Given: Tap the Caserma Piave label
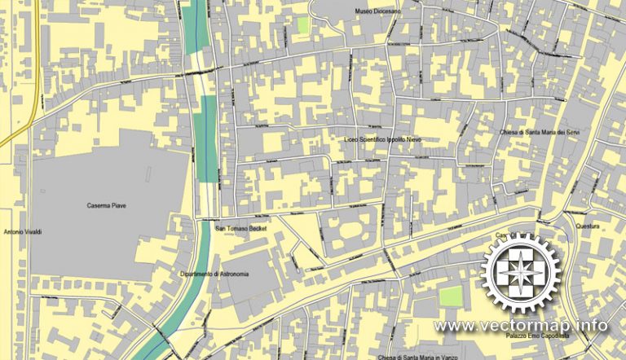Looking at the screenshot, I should (106, 205).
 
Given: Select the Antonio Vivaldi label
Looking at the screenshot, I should (22, 232).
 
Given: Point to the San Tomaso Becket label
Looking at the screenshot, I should (241, 229).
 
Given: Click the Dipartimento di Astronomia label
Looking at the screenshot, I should (214, 274).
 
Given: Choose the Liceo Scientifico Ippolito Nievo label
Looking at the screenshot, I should (388, 140).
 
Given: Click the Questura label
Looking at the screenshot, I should (588, 226).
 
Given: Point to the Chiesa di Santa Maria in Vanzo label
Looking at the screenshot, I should (430, 357).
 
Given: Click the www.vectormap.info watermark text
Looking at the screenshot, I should (521, 326).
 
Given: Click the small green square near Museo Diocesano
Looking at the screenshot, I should (303, 25).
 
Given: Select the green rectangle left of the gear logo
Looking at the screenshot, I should (451, 296).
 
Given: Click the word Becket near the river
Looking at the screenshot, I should (257, 229).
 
